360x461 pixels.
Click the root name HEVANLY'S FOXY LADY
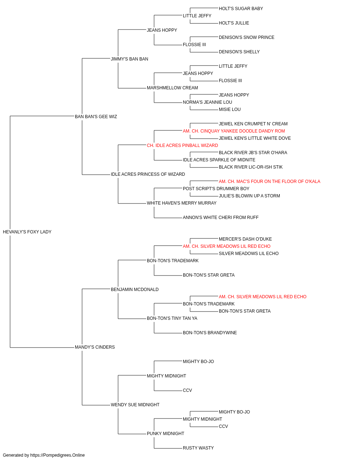click(27, 232)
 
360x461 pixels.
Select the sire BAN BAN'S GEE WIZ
click(96, 117)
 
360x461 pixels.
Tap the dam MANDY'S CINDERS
click(95, 347)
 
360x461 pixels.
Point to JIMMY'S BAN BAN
click(130, 59)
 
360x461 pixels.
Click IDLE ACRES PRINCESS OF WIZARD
click(148, 174)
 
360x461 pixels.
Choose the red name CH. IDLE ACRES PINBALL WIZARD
click(182, 145)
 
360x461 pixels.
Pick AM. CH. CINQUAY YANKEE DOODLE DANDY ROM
click(234, 131)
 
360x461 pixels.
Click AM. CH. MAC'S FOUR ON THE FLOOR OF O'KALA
click(270, 182)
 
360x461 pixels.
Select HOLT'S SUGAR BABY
click(241, 9)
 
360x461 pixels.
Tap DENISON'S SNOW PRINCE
click(247, 37)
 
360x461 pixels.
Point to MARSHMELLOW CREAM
click(172, 88)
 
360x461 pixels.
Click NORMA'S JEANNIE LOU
click(207, 102)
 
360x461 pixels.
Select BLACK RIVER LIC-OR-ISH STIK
click(251, 167)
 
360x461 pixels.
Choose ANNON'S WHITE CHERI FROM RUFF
click(221, 218)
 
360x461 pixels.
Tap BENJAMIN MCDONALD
click(135, 289)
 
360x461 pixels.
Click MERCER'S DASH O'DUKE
click(245, 239)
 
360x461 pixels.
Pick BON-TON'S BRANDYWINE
click(210, 333)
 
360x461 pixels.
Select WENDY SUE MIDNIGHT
click(135, 404)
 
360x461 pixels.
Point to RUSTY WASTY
click(198, 448)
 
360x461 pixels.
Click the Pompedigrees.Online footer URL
click(57, 455)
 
